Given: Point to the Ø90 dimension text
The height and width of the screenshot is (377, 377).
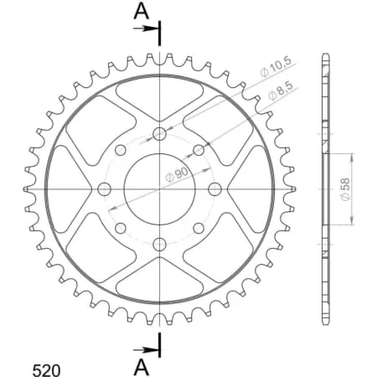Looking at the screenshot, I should coord(175,173).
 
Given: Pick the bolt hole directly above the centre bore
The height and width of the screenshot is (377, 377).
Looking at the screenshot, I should coord(159,134).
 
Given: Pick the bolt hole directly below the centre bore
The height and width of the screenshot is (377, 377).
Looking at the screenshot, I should coord(159,243).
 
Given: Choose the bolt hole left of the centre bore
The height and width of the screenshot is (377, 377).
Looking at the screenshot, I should coord(105,188).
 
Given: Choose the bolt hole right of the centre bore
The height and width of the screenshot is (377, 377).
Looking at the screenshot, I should coord(214,188).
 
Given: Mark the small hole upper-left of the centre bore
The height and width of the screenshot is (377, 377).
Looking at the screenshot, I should coord(120,150).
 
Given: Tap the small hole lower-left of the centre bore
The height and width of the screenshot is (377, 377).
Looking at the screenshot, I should coord(120,227).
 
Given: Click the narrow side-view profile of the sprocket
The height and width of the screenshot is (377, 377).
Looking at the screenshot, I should coord(325,188).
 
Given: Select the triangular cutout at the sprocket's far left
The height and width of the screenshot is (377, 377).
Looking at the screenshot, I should coord(69,188).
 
